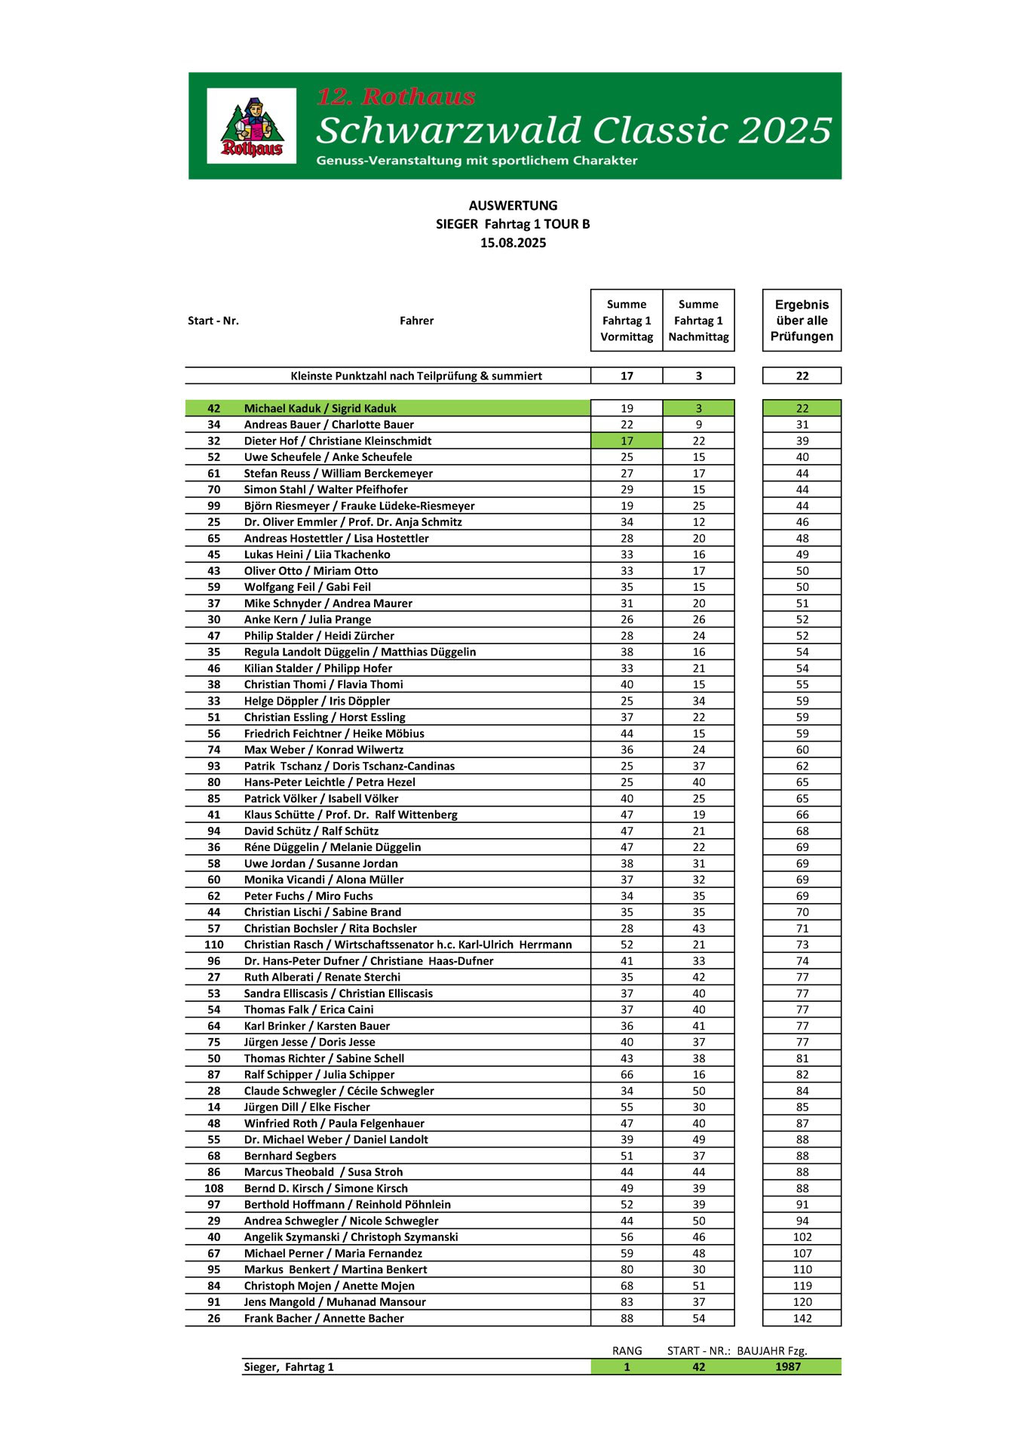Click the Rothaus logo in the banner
pyautogui.click(x=252, y=126)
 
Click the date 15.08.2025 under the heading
pyautogui.click(x=513, y=243)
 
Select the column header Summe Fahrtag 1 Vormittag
pyautogui.click(x=627, y=321)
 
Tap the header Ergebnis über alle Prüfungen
pyautogui.click(x=802, y=321)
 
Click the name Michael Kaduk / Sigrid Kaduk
pyautogui.click(x=320, y=409)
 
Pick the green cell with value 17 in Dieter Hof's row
pyautogui.click(x=627, y=441)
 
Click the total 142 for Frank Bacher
pyautogui.click(x=802, y=1319)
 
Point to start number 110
pyautogui.click(x=214, y=945)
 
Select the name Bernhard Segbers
pyautogui.click(x=290, y=1157)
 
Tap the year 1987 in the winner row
pyautogui.click(x=788, y=1367)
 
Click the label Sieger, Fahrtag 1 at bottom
pyautogui.click(x=289, y=1367)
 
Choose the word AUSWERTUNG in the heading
pyautogui.click(x=513, y=205)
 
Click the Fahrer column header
pyautogui.click(x=416, y=321)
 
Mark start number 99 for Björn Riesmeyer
pyautogui.click(x=214, y=506)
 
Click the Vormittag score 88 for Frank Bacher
pyautogui.click(x=627, y=1319)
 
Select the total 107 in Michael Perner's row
pyautogui.click(x=802, y=1254)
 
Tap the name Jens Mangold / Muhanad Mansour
pyautogui.click(x=335, y=1302)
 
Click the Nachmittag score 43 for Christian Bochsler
pyautogui.click(x=699, y=929)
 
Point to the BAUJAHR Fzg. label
pyautogui.click(x=771, y=1351)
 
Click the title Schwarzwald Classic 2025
pyautogui.click(x=574, y=131)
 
